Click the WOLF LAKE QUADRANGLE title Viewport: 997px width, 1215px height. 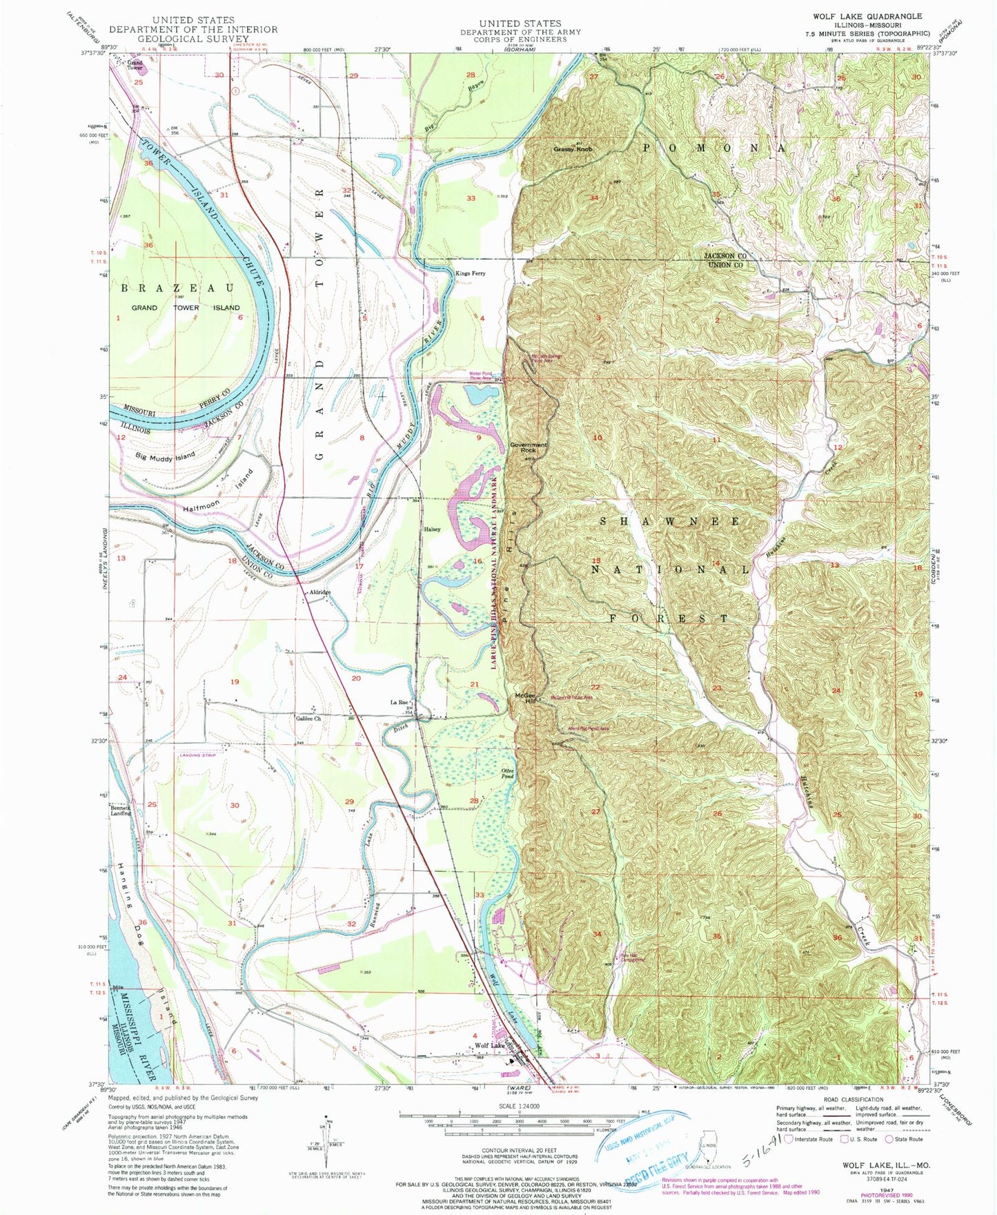pyautogui.click(x=878, y=16)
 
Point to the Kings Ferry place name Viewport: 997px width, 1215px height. pyautogui.click(x=470, y=273)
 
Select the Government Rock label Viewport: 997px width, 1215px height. pyautogui.click(x=528, y=447)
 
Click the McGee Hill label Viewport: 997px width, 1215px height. pyautogui.click(x=525, y=698)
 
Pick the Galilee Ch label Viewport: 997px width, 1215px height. pyautogui.click(x=308, y=719)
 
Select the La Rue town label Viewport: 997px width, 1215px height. pyautogui.click(x=399, y=703)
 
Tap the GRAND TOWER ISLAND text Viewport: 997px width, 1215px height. pyautogui.click(x=186, y=308)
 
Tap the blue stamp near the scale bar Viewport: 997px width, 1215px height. pyautogui.click(x=642, y=1149)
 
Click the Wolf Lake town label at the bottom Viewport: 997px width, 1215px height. pyautogui.click(x=489, y=1046)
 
